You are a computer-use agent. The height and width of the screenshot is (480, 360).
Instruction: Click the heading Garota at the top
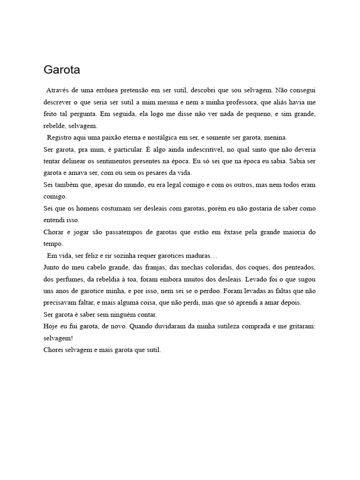coord(62,70)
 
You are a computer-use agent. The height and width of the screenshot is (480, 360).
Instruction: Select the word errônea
coord(111,90)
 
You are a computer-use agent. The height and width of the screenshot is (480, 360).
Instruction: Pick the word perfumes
coord(73,279)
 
